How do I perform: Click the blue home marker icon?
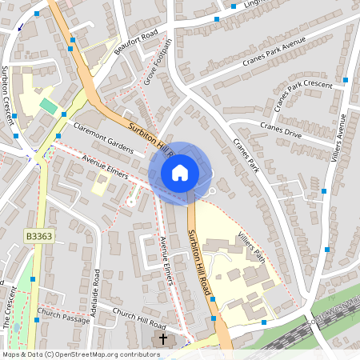(x=180, y=172)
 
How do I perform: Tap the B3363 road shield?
(x=38, y=236)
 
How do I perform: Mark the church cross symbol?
(x=163, y=340)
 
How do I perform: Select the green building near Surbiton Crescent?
(x=49, y=106)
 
